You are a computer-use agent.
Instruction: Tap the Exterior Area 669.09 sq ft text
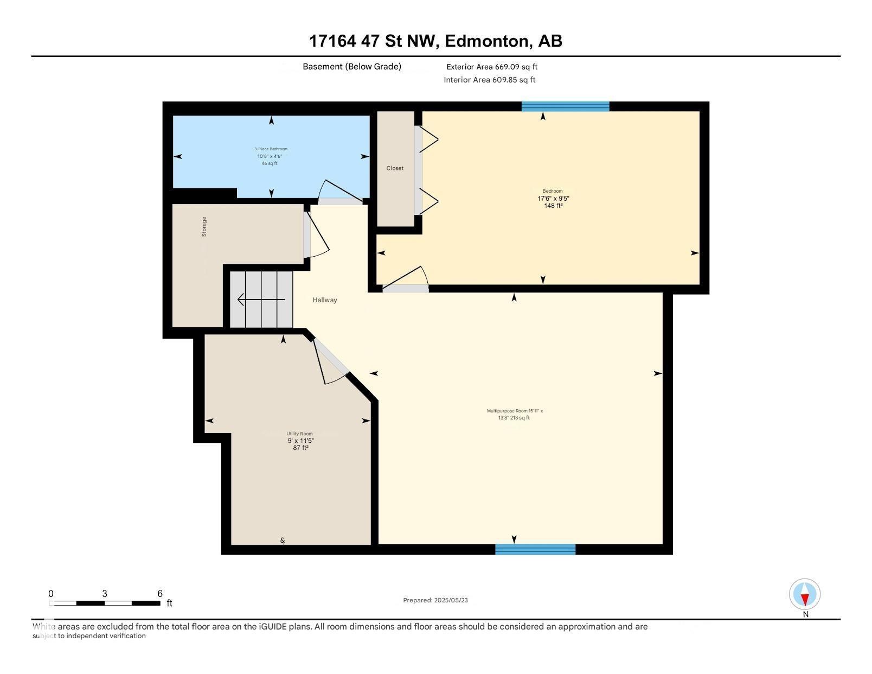pos(491,67)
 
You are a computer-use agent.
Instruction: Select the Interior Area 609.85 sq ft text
pos(489,80)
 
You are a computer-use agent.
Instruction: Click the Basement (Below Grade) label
pos(351,66)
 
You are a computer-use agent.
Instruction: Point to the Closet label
pos(395,168)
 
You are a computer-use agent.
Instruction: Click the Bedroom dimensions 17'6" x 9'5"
pos(553,199)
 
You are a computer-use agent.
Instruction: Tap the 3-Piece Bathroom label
pos(271,149)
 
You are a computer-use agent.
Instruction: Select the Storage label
pos(204,226)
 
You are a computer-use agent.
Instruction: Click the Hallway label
pos(325,300)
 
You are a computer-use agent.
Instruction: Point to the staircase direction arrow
pos(261,300)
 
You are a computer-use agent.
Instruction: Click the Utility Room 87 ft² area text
pos(300,448)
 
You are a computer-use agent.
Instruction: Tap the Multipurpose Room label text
pos(515,411)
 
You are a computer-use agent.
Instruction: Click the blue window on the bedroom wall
pos(565,106)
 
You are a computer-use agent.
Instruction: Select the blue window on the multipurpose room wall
pos(535,549)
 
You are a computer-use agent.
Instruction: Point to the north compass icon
pos(805,595)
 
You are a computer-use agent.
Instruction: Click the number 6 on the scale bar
pos(160,593)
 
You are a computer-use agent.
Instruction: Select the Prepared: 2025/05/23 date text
pos(435,600)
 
